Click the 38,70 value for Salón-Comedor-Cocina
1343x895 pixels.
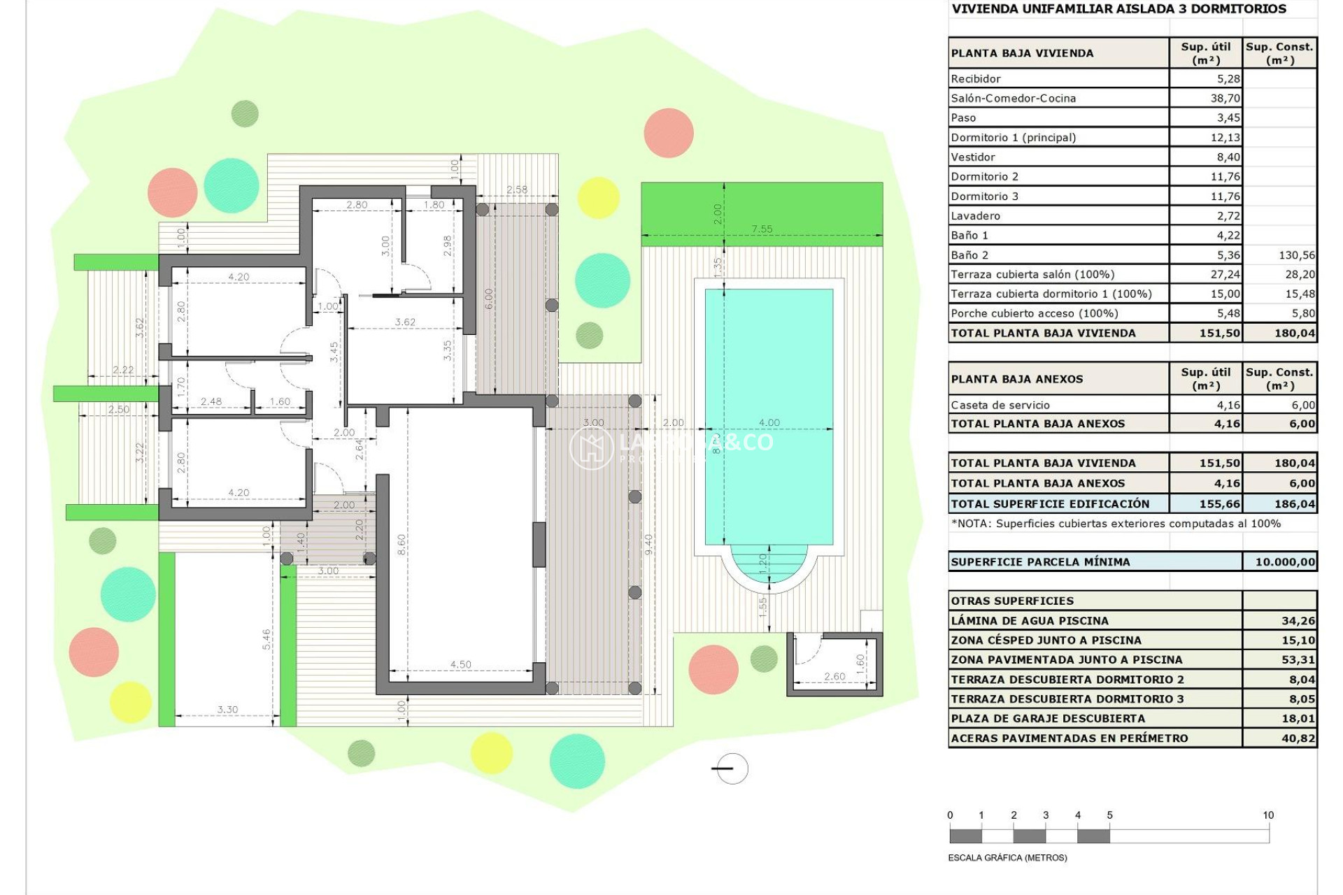pos(1225,99)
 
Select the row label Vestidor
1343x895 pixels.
pos(973,157)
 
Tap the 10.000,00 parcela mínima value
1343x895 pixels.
pos(1284,562)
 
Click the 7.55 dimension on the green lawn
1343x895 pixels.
pos(762,229)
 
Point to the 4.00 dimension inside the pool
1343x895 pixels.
pos(769,422)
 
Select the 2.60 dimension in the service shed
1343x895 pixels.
pos(834,676)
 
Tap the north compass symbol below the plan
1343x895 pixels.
pos(732,768)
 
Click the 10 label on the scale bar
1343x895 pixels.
pos(1267,815)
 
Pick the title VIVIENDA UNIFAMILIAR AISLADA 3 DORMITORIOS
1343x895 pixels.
pos(1118,9)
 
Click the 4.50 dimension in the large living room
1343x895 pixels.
pos(460,664)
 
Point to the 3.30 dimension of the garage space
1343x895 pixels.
pos(227,709)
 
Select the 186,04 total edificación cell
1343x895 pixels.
pos(1294,504)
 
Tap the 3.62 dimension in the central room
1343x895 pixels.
pos(405,322)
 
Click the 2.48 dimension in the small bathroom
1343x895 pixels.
pos(211,401)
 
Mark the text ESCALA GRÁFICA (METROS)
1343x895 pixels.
pos(1007,858)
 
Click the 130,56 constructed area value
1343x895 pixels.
pos(1296,255)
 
